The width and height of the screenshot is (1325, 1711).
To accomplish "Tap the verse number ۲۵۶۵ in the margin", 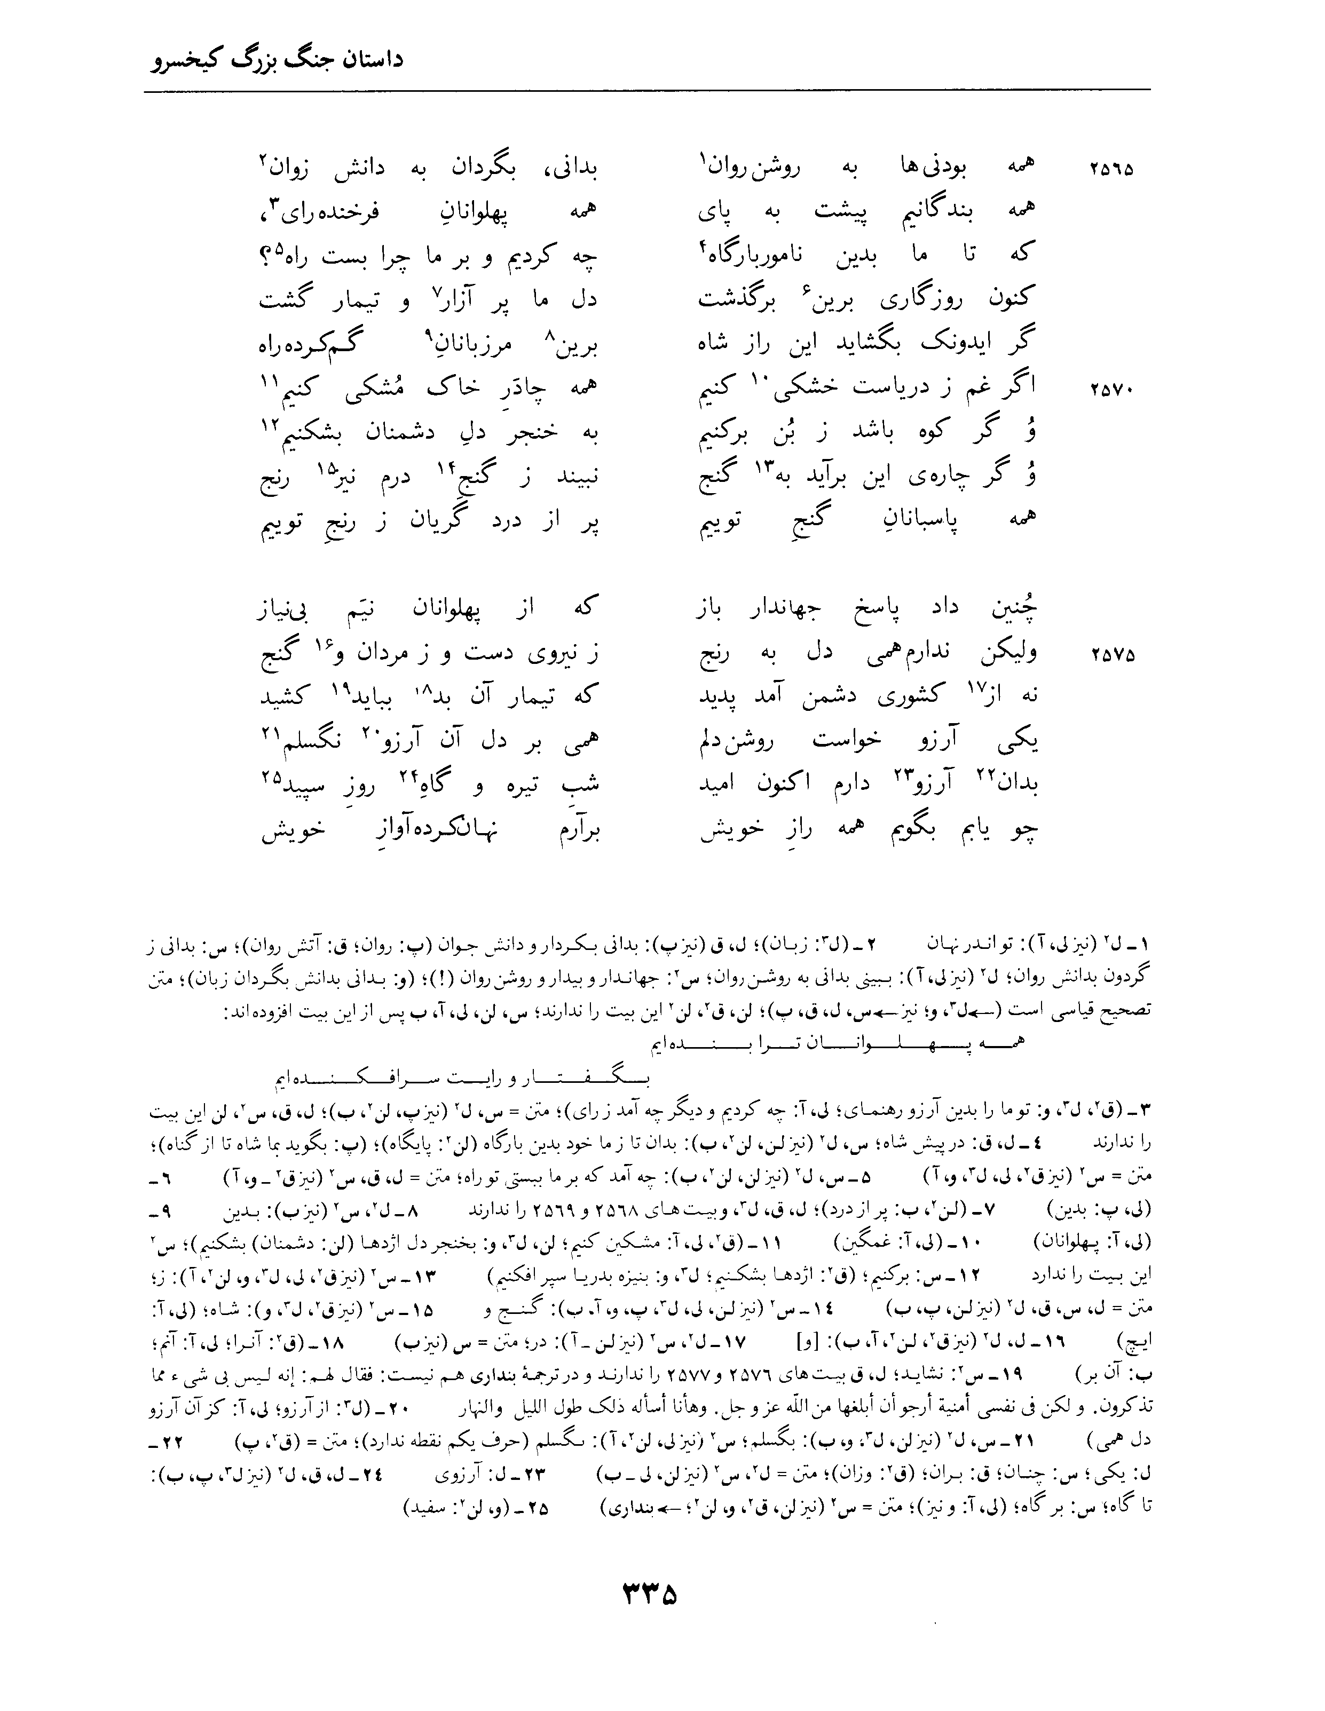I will [1111, 169].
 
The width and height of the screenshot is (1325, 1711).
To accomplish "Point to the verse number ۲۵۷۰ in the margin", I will [1111, 390].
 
